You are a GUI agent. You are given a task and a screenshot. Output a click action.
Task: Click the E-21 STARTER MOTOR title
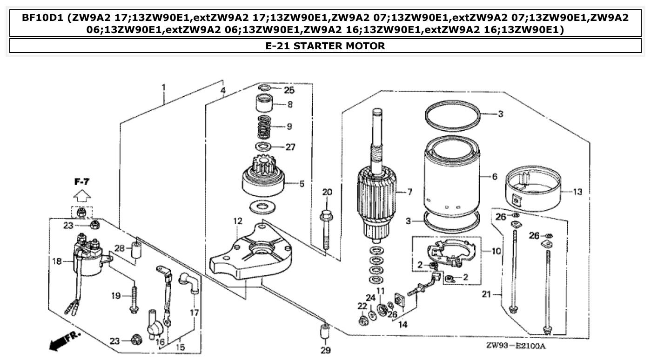[x=325, y=46]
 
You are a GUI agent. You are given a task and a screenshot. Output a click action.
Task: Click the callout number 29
[x=326, y=350]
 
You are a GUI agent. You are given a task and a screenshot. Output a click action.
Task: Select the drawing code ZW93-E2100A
[x=516, y=347]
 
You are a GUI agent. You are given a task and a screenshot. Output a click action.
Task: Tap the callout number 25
[x=289, y=90]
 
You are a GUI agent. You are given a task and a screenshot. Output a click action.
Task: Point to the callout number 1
[x=163, y=87]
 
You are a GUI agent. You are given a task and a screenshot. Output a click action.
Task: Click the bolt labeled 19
[x=134, y=298]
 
